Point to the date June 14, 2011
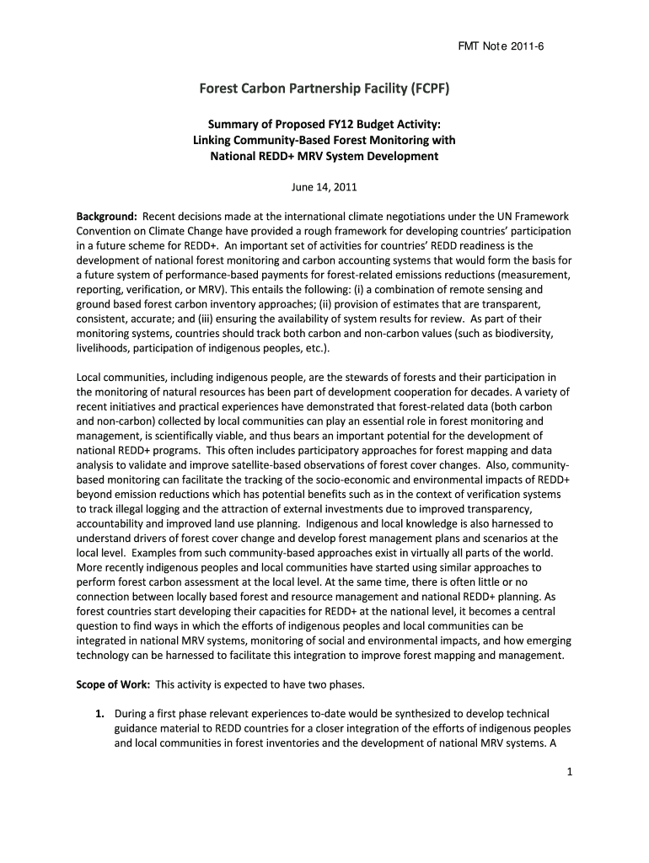coord(324,186)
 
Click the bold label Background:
coord(107,216)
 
